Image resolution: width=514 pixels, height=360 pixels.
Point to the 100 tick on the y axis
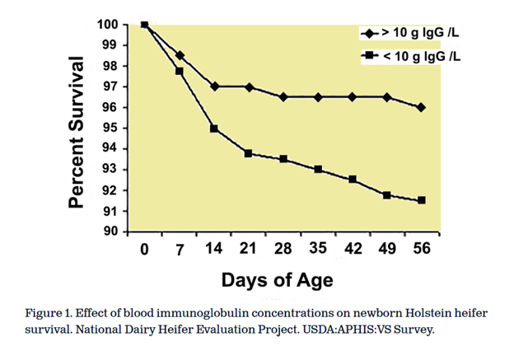[x=108, y=24]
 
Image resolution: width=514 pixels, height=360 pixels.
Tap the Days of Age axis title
[x=277, y=280]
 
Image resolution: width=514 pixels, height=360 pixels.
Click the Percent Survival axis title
[x=76, y=132]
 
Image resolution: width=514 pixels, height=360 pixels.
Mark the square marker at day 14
[x=214, y=129]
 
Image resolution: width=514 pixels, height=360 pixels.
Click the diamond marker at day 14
[x=214, y=86]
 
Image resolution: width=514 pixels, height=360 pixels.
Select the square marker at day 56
[x=422, y=200]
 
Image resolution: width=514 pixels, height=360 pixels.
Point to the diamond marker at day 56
[x=422, y=107]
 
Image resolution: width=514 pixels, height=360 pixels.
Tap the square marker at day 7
[x=180, y=71]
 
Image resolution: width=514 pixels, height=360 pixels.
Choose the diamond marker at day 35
[x=318, y=97]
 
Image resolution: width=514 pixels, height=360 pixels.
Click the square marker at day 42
[x=353, y=180]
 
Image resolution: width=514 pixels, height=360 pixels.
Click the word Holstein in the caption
[x=404, y=313]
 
